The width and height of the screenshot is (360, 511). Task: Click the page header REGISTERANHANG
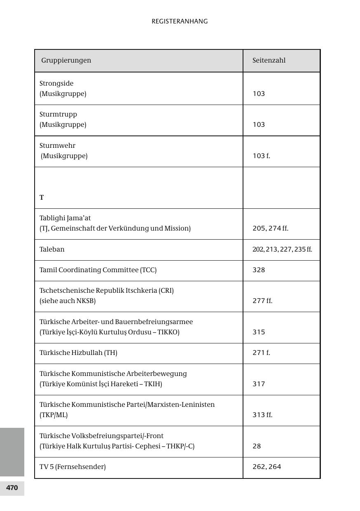(x=180, y=21)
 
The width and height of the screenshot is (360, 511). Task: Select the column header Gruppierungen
(x=66, y=60)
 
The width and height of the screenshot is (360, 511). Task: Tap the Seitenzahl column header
(x=269, y=60)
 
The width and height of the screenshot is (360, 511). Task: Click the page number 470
(x=12, y=488)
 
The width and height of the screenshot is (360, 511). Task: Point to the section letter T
(x=42, y=198)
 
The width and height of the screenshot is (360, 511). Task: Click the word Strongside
(x=56, y=83)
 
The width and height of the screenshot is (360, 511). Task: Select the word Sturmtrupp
(x=58, y=114)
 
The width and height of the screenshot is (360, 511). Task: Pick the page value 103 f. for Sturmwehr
(x=261, y=156)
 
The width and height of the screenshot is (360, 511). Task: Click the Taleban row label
(x=52, y=249)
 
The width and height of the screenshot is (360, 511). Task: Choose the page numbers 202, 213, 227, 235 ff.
(x=282, y=250)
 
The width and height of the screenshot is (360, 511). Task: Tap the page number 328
(x=259, y=270)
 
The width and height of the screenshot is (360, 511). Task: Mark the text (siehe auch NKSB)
(x=68, y=301)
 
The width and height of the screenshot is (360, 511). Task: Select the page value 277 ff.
(x=262, y=301)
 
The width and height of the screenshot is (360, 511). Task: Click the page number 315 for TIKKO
(x=259, y=332)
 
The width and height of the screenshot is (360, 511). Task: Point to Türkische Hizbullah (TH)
(x=78, y=352)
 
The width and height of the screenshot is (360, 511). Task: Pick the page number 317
(x=259, y=384)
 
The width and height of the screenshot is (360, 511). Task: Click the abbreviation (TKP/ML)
(x=54, y=415)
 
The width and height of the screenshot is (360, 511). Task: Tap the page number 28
(x=257, y=446)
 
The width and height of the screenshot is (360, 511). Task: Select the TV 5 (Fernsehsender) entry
(x=72, y=467)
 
